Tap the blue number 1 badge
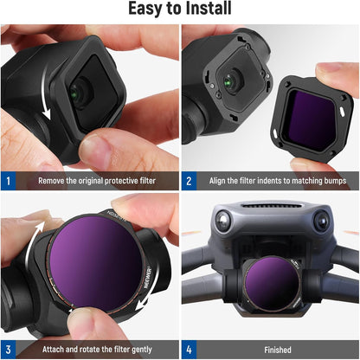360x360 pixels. [x=8, y=182]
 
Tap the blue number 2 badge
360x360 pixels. [x=190, y=182]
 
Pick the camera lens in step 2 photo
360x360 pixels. [x=228, y=80]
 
